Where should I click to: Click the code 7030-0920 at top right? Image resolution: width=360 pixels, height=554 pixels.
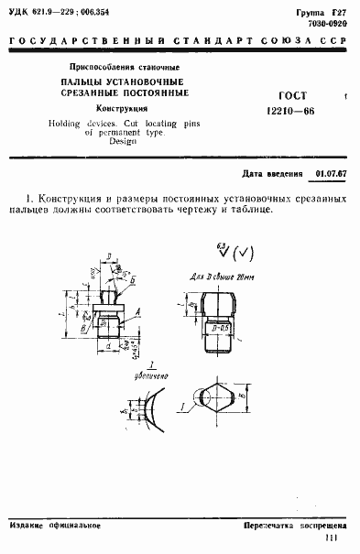pos(328,21)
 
